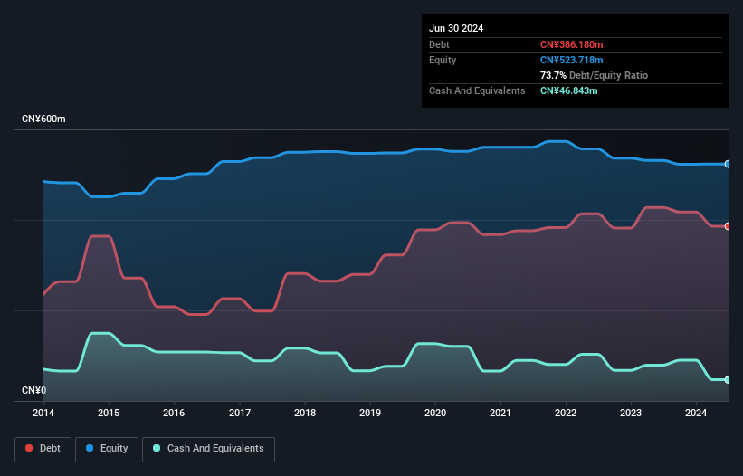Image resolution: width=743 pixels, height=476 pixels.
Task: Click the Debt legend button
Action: pyautogui.click(x=43, y=448)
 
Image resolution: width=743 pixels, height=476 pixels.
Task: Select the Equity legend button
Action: pyautogui.click(x=108, y=448)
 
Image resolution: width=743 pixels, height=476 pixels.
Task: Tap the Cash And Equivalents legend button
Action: pyautogui.click(x=208, y=448)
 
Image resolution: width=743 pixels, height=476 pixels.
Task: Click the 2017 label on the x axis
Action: pyautogui.click(x=240, y=414)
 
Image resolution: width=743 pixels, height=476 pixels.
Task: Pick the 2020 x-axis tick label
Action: pyautogui.click(x=435, y=414)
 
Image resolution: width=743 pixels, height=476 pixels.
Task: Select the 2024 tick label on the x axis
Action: pyautogui.click(x=696, y=414)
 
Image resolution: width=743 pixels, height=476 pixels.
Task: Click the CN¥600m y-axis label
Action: pyautogui.click(x=43, y=119)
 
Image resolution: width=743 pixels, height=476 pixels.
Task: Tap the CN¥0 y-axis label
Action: pyautogui.click(x=33, y=391)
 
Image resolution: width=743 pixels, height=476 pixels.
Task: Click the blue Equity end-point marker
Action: pyautogui.click(x=728, y=164)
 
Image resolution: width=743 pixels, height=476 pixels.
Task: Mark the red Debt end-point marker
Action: pyautogui.click(x=728, y=226)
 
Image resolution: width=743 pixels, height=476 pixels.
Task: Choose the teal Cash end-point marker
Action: pyautogui.click(x=728, y=380)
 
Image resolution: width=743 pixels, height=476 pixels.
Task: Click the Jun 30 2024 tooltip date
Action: pyautogui.click(x=456, y=28)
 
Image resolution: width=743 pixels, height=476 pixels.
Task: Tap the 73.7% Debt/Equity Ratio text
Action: pyautogui.click(x=594, y=75)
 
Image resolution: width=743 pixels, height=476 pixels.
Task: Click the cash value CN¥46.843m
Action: pyautogui.click(x=568, y=90)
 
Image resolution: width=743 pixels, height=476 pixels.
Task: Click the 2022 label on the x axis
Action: pyautogui.click(x=566, y=414)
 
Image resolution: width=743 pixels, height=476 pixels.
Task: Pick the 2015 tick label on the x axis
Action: pyautogui.click(x=109, y=414)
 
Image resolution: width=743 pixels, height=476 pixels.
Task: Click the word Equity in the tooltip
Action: pyautogui.click(x=443, y=60)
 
